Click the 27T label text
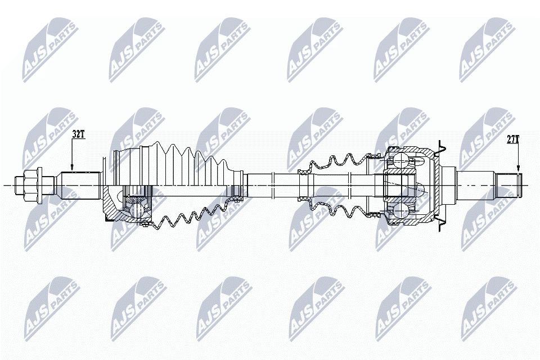pos(512,139)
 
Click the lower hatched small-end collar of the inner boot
pos(305,201)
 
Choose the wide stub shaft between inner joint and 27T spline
pos(475,184)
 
